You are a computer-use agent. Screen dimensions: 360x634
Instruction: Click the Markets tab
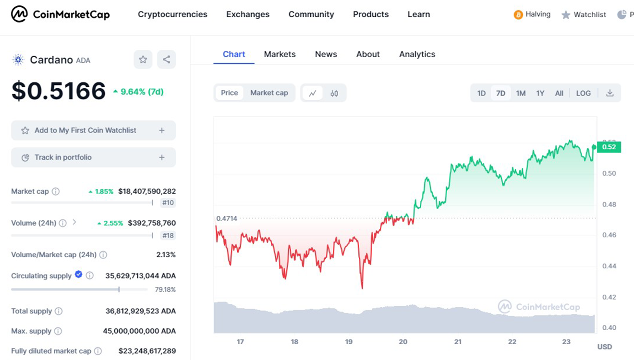click(280, 54)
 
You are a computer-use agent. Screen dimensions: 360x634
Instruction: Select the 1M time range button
click(521, 93)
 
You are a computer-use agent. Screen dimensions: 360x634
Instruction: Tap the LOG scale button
click(583, 93)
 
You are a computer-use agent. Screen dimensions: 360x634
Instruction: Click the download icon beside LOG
click(610, 93)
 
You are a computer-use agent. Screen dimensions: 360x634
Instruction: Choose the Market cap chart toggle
click(269, 93)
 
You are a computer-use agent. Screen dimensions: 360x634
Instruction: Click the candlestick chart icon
click(334, 93)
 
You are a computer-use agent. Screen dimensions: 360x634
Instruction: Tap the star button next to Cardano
click(143, 60)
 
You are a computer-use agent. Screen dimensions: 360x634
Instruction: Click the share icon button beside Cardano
click(166, 60)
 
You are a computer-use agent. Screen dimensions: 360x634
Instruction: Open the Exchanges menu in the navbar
click(248, 14)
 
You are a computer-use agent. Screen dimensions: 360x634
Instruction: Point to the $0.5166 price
click(59, 91)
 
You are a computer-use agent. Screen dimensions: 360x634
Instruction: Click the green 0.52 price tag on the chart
click(609, 147)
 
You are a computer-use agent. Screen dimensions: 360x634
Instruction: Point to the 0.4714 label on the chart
click(227, 218)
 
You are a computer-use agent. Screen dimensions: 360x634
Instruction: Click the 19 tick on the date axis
click(349, 342)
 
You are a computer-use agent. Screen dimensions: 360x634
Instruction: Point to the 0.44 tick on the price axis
click(609, 266)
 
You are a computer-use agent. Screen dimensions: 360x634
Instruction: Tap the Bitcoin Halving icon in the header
click(518, 15)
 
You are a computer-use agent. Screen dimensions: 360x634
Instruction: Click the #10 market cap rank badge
click(168, 203)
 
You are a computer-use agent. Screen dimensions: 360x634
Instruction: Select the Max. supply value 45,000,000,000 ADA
click(139, 331)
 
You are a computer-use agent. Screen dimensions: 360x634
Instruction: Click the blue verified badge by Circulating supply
click(78, 275)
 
